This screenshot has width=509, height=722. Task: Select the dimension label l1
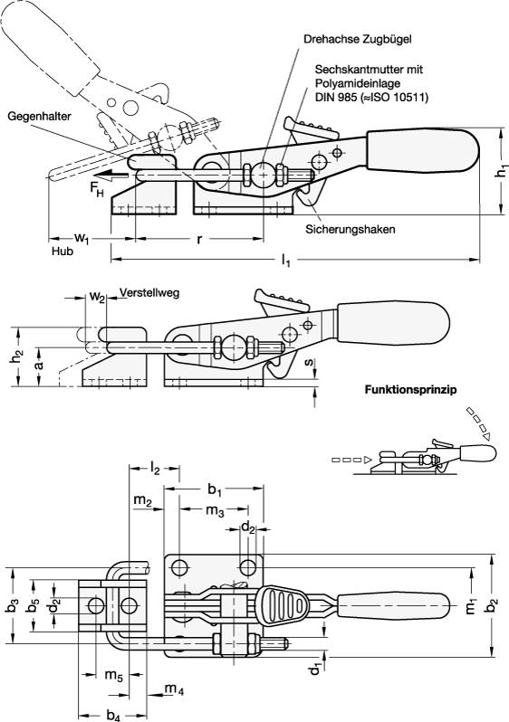pos(285,261)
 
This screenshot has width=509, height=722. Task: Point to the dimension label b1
pos(215,489)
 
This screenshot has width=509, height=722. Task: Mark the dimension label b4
pos(113,716)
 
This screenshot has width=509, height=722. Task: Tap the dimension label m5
pos(113,676)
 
